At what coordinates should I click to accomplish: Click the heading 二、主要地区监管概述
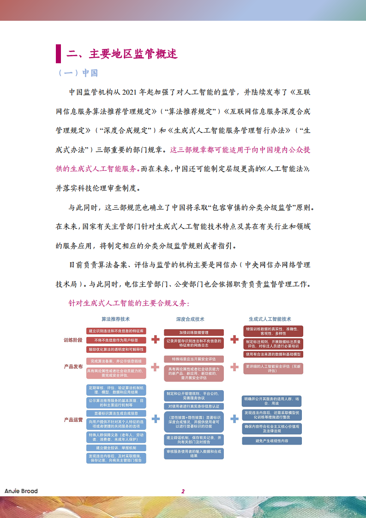click(122, 54)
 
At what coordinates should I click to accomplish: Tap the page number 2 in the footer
click(183, 491)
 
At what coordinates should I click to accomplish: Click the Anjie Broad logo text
click(21, 491)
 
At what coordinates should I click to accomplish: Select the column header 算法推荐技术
click(116, 319)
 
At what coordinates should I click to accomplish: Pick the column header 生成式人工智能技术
click(270, 319)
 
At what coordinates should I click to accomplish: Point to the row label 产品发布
click(73, 367)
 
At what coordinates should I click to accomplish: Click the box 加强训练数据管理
click(194, 332)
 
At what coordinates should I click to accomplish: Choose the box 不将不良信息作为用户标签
click(116, 340)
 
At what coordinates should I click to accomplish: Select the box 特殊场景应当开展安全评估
click(194, 359)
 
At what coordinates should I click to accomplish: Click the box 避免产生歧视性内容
click(272, 441)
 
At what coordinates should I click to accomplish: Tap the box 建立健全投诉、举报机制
click(116, 448)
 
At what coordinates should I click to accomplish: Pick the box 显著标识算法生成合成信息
click(116, 413)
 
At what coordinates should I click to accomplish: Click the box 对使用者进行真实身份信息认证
click(194, 406)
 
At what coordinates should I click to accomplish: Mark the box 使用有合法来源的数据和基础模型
click(272, 354)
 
